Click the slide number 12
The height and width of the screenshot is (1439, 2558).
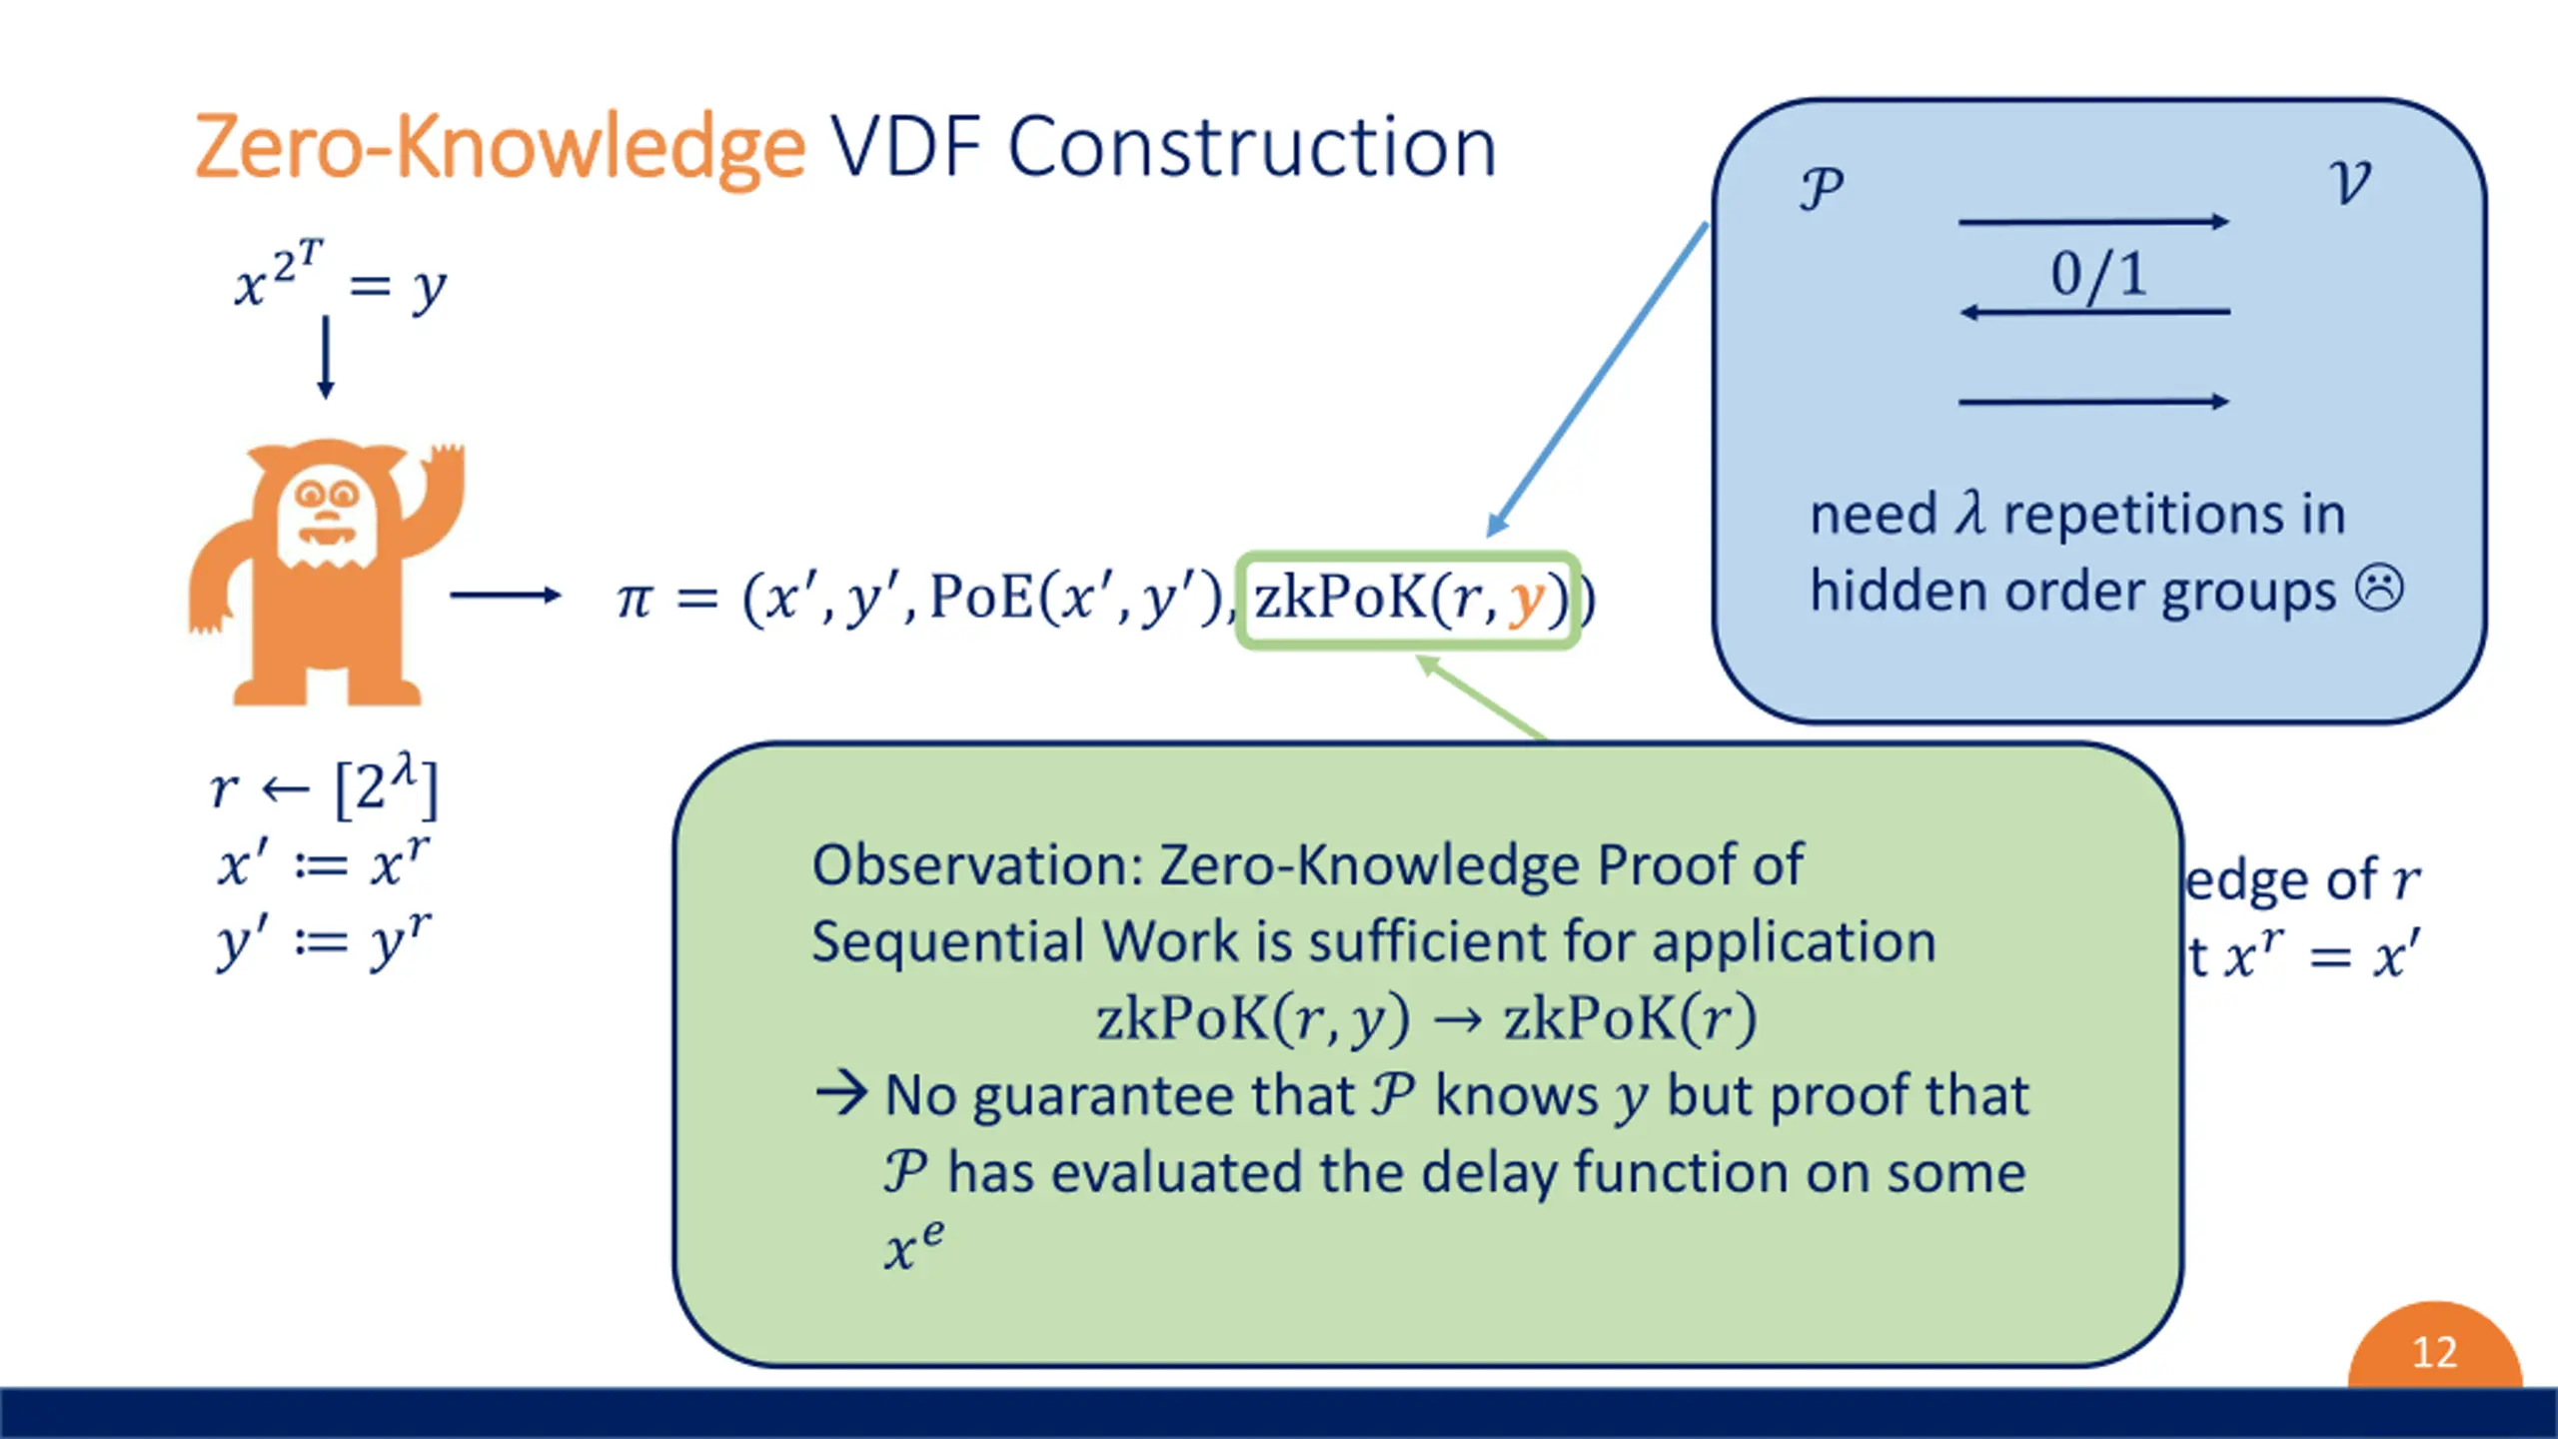2434,1353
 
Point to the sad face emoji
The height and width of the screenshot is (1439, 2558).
2380,590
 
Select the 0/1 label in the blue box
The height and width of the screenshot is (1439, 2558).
2098,274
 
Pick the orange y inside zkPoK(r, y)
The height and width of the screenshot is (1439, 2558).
1526,600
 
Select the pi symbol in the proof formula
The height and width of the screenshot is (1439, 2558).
636,600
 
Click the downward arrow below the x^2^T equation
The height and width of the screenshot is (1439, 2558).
325,358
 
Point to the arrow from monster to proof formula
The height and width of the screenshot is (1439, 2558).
505,596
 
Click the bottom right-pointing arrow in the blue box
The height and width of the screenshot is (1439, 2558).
2093,402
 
